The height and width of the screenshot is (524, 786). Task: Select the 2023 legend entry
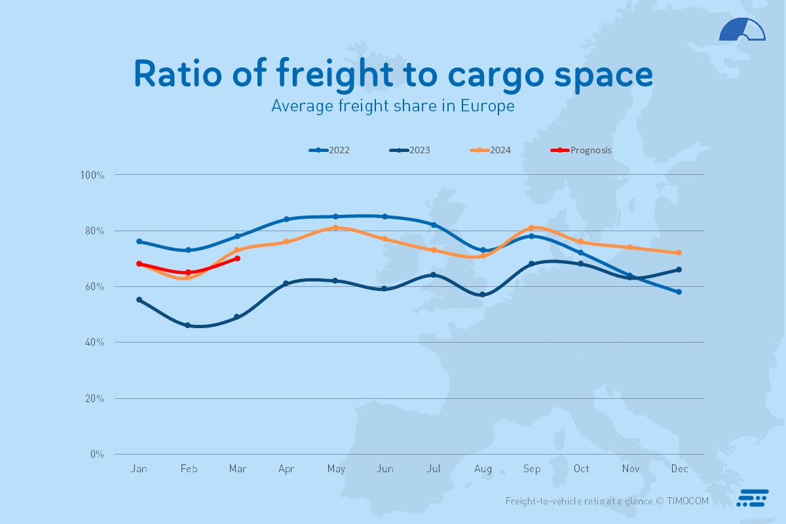410,150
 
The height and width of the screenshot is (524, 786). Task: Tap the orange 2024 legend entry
491,150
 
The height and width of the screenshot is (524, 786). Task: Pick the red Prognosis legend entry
582,150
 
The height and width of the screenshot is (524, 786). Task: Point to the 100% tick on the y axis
92,175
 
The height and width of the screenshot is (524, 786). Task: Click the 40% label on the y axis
93,343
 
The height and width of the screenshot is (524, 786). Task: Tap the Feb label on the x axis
189,469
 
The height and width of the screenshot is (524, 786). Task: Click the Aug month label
483,469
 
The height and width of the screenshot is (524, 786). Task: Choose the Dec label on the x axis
679,469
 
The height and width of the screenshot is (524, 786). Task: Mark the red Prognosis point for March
237,259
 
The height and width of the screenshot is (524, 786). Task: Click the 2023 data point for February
188,326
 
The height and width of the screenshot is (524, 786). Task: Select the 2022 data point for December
679,292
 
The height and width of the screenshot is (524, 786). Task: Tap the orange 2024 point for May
335,228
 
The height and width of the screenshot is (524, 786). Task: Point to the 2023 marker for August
483,295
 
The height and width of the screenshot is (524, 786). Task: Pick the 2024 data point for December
679,253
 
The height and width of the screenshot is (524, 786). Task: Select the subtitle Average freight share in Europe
393,105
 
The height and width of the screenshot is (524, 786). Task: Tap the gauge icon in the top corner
742,30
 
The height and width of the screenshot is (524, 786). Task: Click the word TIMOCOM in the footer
688,501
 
